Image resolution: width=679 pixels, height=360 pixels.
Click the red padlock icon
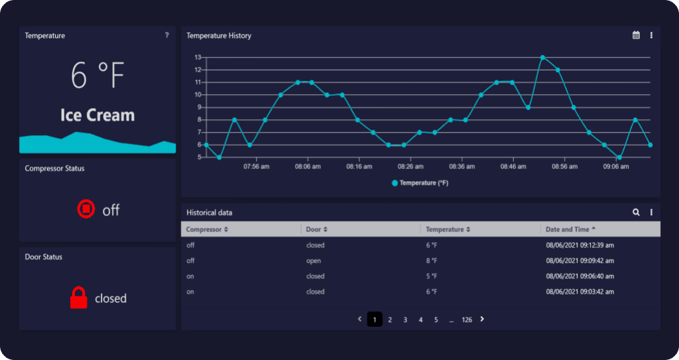click(79, 298)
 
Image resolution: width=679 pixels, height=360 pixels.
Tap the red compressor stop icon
click(86, 210)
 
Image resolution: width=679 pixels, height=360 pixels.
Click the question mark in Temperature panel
click(166, 35)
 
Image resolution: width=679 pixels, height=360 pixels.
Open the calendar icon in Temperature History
click(636, 35)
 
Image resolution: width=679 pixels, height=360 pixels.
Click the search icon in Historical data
click(636, 212)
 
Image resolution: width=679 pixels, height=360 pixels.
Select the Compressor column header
click(207, 229)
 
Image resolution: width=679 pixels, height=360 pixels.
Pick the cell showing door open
click(314, 261)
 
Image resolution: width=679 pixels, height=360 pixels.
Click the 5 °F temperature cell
click(432, 276)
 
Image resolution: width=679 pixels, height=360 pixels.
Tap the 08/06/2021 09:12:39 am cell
click(580, 245)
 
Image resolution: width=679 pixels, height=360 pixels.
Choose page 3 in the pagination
click(405, 320)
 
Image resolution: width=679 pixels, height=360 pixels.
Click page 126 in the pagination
click(467, 320)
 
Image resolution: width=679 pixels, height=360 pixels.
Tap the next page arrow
click(482, 319)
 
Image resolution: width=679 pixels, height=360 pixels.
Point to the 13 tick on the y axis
click(198, 57)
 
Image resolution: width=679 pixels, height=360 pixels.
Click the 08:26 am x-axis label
click(410, 167)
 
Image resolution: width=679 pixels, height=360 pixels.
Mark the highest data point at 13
click(542, 58)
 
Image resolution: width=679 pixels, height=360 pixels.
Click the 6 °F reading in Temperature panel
click(97, 75)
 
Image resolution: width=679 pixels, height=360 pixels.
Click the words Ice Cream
click(97, 115)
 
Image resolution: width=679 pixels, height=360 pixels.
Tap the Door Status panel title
click(44, 257)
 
